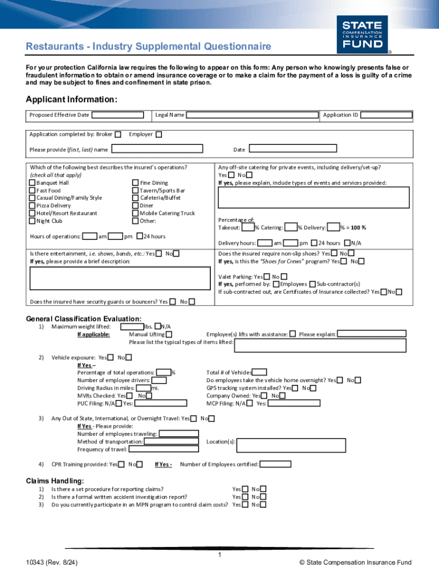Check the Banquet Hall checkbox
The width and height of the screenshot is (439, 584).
tap(32, 183)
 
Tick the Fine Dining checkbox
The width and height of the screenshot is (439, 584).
tap(135, 183)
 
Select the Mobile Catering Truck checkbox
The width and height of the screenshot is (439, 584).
tap(135, 213)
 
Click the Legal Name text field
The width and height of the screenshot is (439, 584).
tap(252, 115)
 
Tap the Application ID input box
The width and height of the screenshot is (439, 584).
tap(387, 115)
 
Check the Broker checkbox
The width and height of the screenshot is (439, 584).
tap(118, 135)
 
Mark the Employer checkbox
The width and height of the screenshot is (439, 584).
tap(159, 135)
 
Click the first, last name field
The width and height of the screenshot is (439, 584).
tap(157, 149)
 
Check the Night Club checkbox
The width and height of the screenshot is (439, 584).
tap(32, 221)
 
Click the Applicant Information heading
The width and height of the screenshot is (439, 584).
tap(72, 100)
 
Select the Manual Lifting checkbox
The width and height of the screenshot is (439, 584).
tap(169, 334)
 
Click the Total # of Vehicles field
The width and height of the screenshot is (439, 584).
tap(259, 372)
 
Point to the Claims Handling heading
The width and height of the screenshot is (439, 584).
tap(55, 481)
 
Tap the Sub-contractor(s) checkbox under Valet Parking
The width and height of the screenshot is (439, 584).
tap(313, 284)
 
